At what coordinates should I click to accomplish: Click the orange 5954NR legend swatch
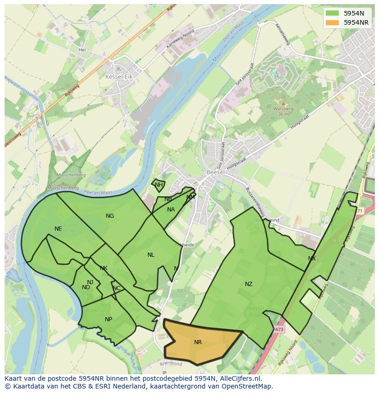[332, 22]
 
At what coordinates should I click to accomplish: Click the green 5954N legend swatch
[332, 13]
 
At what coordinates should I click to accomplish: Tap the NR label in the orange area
[198, 342]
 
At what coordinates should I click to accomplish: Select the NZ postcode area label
[249, 284]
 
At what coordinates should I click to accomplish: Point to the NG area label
[110, 216]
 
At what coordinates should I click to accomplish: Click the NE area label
[58, 229]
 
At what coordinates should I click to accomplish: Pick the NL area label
[151, 255]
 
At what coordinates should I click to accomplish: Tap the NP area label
[108, 319]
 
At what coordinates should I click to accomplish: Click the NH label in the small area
[158, 185]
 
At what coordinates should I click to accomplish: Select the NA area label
[171, 210]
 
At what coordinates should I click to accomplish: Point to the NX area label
[312, 259]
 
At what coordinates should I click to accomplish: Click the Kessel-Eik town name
[119, 77]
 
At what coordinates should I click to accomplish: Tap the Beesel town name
[215, 173]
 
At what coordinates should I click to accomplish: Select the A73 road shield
[279, 329]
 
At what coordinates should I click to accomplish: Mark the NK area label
[103, 268]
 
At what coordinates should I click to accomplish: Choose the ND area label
[86, 287]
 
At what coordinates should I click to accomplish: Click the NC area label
[117, 288]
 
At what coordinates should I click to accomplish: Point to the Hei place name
[82, 50]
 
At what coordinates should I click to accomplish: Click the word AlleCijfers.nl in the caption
[240, 378]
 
